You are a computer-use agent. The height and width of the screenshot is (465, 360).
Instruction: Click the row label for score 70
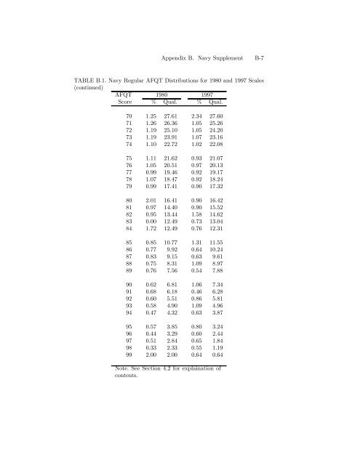pos(129,116)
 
